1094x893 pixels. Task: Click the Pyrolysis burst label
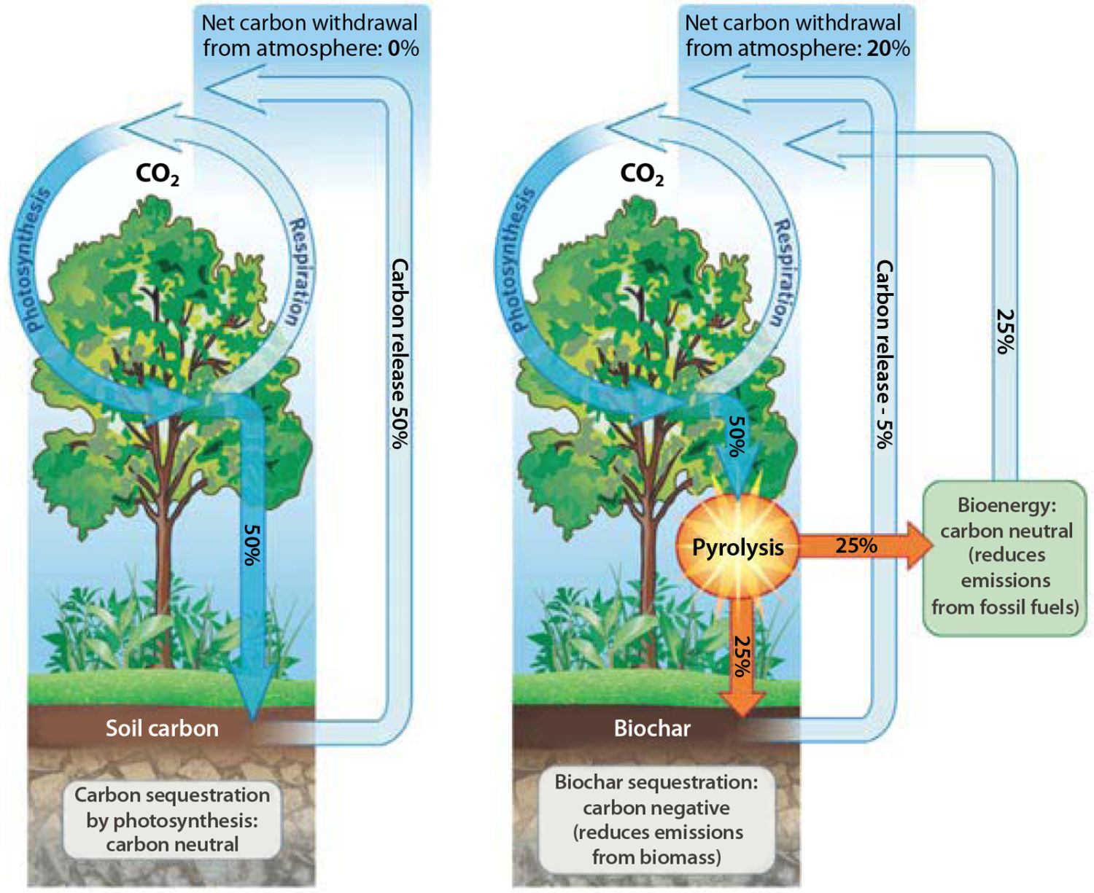[x=737, y=547]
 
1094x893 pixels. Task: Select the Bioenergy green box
[x=1005, y=557]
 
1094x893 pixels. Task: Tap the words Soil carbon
[x=162, y=728]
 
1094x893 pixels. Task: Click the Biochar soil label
[x=652, y=728]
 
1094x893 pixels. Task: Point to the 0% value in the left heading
[x=403, y=49]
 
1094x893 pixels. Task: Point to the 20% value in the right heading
[x=888, y=49]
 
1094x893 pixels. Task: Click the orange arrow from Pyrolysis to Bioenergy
[x=861, y=546]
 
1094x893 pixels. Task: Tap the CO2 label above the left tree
[x=158, y=174]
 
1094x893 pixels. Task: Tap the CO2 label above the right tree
[x=642, y=174]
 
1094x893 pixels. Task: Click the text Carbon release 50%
[x=400, y=353]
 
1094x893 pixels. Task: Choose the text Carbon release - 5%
[x=884, y=354]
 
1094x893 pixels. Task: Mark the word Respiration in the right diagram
[x=784, y=273]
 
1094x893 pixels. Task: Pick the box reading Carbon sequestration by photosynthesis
[x=172, y=819]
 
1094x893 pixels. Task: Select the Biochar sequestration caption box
[x=656, y=819]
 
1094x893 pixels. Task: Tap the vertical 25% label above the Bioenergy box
[x=1006, y=331]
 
